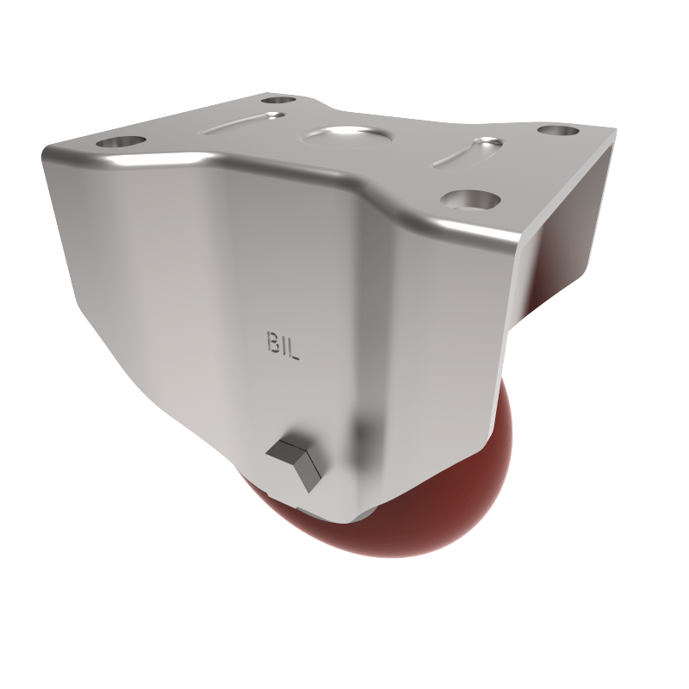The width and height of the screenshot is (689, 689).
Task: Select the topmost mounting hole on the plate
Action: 277,101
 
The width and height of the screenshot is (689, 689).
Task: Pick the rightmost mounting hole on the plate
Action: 557,131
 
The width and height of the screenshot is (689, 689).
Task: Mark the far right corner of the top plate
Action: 613,130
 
